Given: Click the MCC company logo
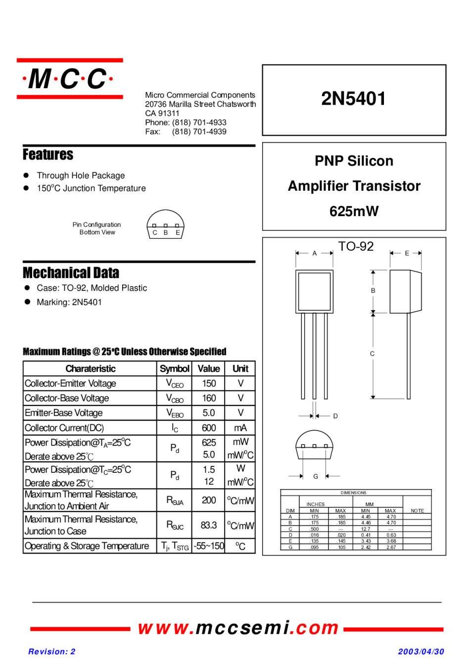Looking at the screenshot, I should coord(69,79).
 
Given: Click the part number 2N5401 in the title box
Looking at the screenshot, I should coord(353,99).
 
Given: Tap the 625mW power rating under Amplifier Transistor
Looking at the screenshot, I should coord(354,212).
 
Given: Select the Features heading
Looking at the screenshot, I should coord(48,155).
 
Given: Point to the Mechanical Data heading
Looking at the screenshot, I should coord(71,273).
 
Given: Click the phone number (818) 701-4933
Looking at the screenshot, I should coord(199,122).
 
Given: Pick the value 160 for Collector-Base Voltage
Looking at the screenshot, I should coord(209,398).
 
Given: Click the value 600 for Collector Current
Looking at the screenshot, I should coord(209,428).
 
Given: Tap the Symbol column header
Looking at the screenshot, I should coord(174,369).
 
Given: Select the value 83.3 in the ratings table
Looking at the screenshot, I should coord(209,525).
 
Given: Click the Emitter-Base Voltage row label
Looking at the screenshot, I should coord(64,413).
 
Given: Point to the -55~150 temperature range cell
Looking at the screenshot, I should coord(209,546).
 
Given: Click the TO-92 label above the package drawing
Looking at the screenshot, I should coord(356,246).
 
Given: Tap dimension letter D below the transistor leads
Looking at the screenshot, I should coord(335,416).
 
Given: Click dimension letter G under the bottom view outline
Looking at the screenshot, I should coord(316,476).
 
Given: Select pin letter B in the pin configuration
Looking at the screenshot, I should coord(166,232).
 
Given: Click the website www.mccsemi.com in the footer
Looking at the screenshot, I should coord(238,628).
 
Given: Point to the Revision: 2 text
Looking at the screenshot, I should coord(52,652).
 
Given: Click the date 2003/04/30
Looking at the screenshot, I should coord(421,652).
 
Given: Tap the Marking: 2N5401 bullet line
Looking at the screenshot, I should coord(69,302).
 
